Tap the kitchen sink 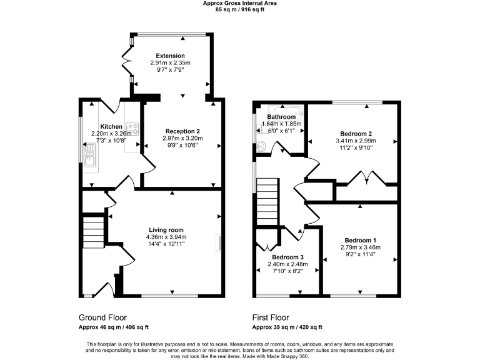click(x=89, y=157)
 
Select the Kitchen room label click(x=102, y=126)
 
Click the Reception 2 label click(x=182, y=131)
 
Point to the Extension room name click(x=170, y=56)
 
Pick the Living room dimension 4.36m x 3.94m click(x=166, y=237)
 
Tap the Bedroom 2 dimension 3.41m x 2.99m click(x=356, y=141)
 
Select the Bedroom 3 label click(x=287, y=257)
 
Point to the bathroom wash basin click(x=264, y=146)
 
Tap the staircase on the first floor click(x=266, y=200)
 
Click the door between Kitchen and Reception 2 click(x=149, y=163)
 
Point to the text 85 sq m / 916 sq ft click(x=240, y=10)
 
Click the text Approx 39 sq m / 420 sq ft click(x=287, y=327)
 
